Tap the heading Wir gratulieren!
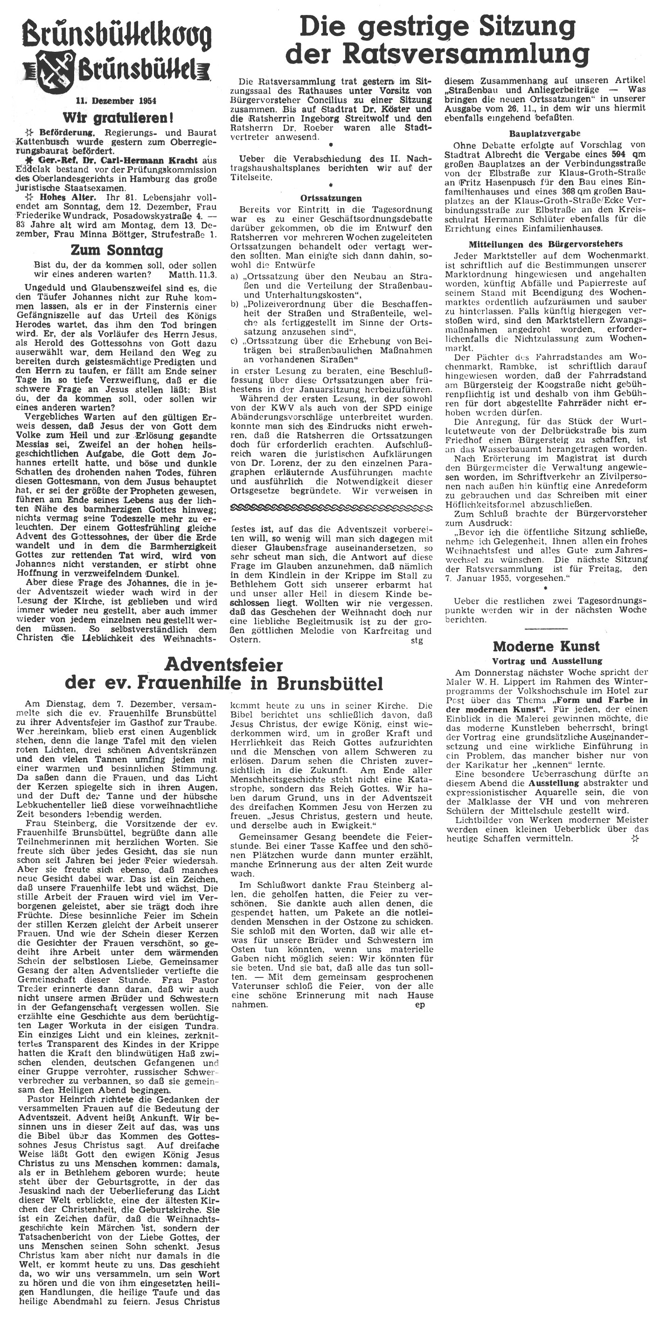coord(115,118)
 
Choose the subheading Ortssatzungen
coord(331,198)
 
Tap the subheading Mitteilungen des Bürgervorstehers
coord(546,244)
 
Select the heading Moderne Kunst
coord(546,645)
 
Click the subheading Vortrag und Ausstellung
coord(547,661)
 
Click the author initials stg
coord(417,640)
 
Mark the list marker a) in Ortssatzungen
coord(235,276)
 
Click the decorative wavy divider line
coord(331,507)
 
